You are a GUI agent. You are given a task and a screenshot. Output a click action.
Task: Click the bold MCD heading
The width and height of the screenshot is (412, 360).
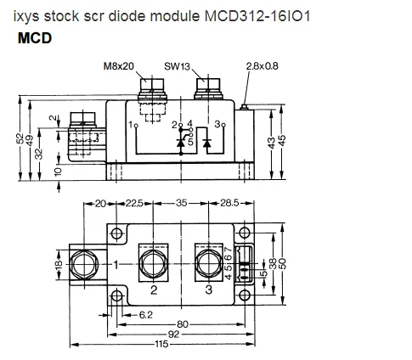pyautogui.click(x=35, y=38)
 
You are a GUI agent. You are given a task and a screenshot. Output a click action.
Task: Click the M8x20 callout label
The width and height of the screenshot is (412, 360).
pyautogui.click(x=119, y=66)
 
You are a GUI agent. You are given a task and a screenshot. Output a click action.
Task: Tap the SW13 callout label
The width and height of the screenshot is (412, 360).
pyautogui.click(x=177, y=66)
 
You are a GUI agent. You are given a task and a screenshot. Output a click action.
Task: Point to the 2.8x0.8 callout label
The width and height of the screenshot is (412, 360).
pyautogui.click(x=262, y=66)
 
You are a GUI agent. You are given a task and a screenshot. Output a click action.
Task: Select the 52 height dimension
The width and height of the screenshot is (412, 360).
pyautogui.click(x=20, y=138)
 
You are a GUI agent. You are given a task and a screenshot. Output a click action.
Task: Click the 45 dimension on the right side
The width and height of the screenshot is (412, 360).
pyautogui.click(x=282, y=140)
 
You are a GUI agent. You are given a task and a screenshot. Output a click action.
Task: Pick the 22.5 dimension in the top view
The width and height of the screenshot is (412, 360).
pyautogui.click(x=134, y=203)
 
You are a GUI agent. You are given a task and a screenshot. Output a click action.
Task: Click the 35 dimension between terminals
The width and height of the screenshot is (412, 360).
pyautogui.click(x=181, y=203)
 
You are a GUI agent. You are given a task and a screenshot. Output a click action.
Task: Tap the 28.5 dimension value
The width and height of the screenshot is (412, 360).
pyautogui.click(x=229, y=203)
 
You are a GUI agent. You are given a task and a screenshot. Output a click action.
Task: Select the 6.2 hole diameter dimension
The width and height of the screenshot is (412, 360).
pyautogui.click(x=146, y=315)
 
